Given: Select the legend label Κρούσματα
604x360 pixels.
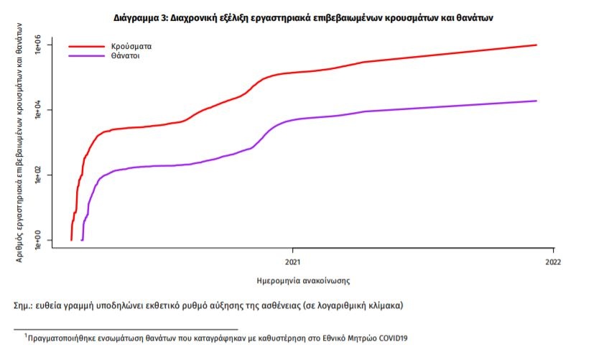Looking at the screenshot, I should coord(131,46).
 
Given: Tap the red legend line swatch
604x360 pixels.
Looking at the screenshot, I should coord(86,47).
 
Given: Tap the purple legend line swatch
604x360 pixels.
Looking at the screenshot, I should coord(86,56).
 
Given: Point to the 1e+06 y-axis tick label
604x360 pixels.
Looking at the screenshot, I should coord(39,45).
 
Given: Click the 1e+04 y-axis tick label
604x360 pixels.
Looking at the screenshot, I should coord(39,110).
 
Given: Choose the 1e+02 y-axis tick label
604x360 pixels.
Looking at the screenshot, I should coord(39,175).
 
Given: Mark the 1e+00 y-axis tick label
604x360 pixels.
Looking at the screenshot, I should coord(39,239).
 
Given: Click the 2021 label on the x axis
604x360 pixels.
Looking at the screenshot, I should coord(293,261).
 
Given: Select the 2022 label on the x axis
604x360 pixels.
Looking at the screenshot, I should coord(552,261).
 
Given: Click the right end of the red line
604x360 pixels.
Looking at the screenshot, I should coord(536,45).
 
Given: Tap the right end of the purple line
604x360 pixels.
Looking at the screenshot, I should coord(536,101).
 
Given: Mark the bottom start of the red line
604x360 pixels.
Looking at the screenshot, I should coord(71,239).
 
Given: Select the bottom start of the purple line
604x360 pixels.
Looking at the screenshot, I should coord(83,239).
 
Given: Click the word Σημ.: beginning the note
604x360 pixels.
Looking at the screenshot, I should coord(26,305).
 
